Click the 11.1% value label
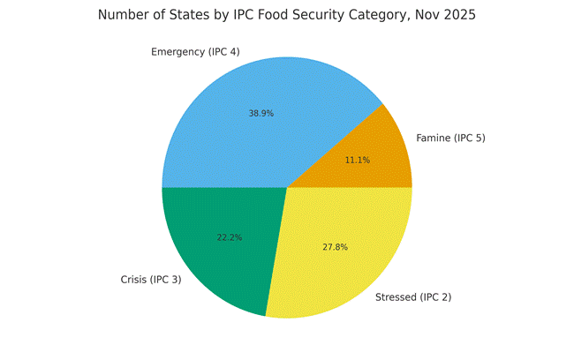point(358,160)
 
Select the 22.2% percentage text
point(230,237)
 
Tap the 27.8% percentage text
point(336,247)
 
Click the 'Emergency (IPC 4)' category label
point(195,51)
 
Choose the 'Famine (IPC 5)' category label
point(450,138)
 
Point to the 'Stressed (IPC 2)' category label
point(413,296)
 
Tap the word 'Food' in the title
point(278,15)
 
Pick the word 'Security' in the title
point(329,15)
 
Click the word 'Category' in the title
point(393,15)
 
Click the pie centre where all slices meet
point(287,187)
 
